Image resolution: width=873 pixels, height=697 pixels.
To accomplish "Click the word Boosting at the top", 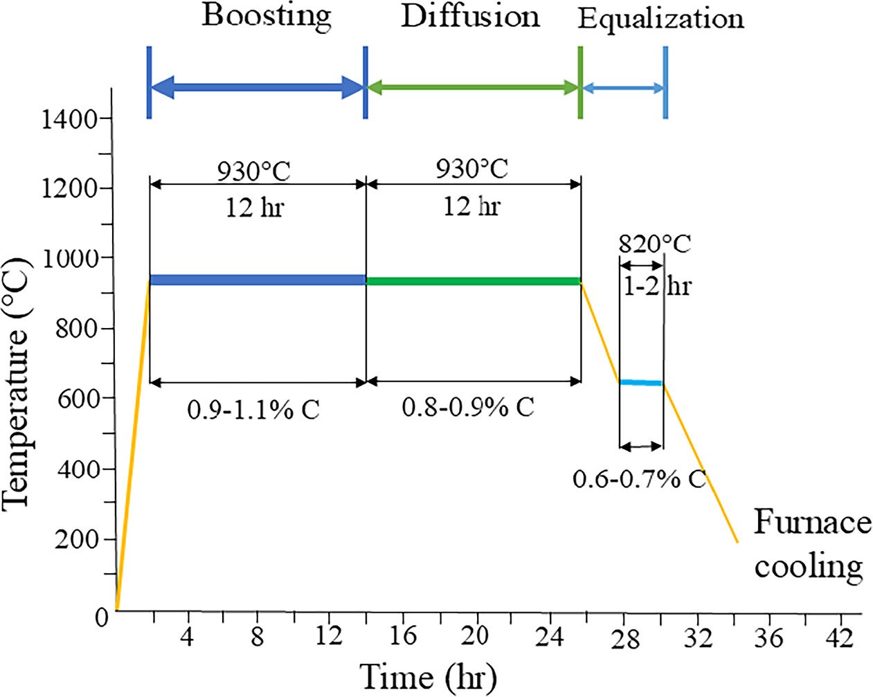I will pos(267,15).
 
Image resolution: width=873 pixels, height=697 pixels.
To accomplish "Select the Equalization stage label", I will pos(660,19).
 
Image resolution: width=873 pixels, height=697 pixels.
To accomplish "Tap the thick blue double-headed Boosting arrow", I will pos(257,88).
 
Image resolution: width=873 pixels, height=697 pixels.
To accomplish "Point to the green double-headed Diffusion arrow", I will pos(473,88).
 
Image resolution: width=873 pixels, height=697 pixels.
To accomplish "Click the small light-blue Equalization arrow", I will pos(623,89).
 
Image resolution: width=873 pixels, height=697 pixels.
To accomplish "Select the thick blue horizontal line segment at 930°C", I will pos(257,280).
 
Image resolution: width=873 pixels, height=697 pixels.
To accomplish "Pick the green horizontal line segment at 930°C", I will pos(473,282).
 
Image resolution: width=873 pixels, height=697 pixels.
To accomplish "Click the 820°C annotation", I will pos(654,244).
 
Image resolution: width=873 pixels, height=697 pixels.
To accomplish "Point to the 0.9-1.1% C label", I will pos(253,410).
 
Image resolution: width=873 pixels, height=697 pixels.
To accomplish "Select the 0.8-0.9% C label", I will pos(468,407).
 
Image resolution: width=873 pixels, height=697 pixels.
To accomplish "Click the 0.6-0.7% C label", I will pos(638,478).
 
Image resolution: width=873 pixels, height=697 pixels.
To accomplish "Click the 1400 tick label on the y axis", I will pos(69,120).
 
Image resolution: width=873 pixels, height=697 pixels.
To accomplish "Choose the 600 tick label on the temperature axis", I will pos(77,399).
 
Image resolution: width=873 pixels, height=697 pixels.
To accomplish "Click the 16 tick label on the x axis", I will pos(402,636).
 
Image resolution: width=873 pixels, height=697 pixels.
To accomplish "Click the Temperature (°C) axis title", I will pos(17,384).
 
